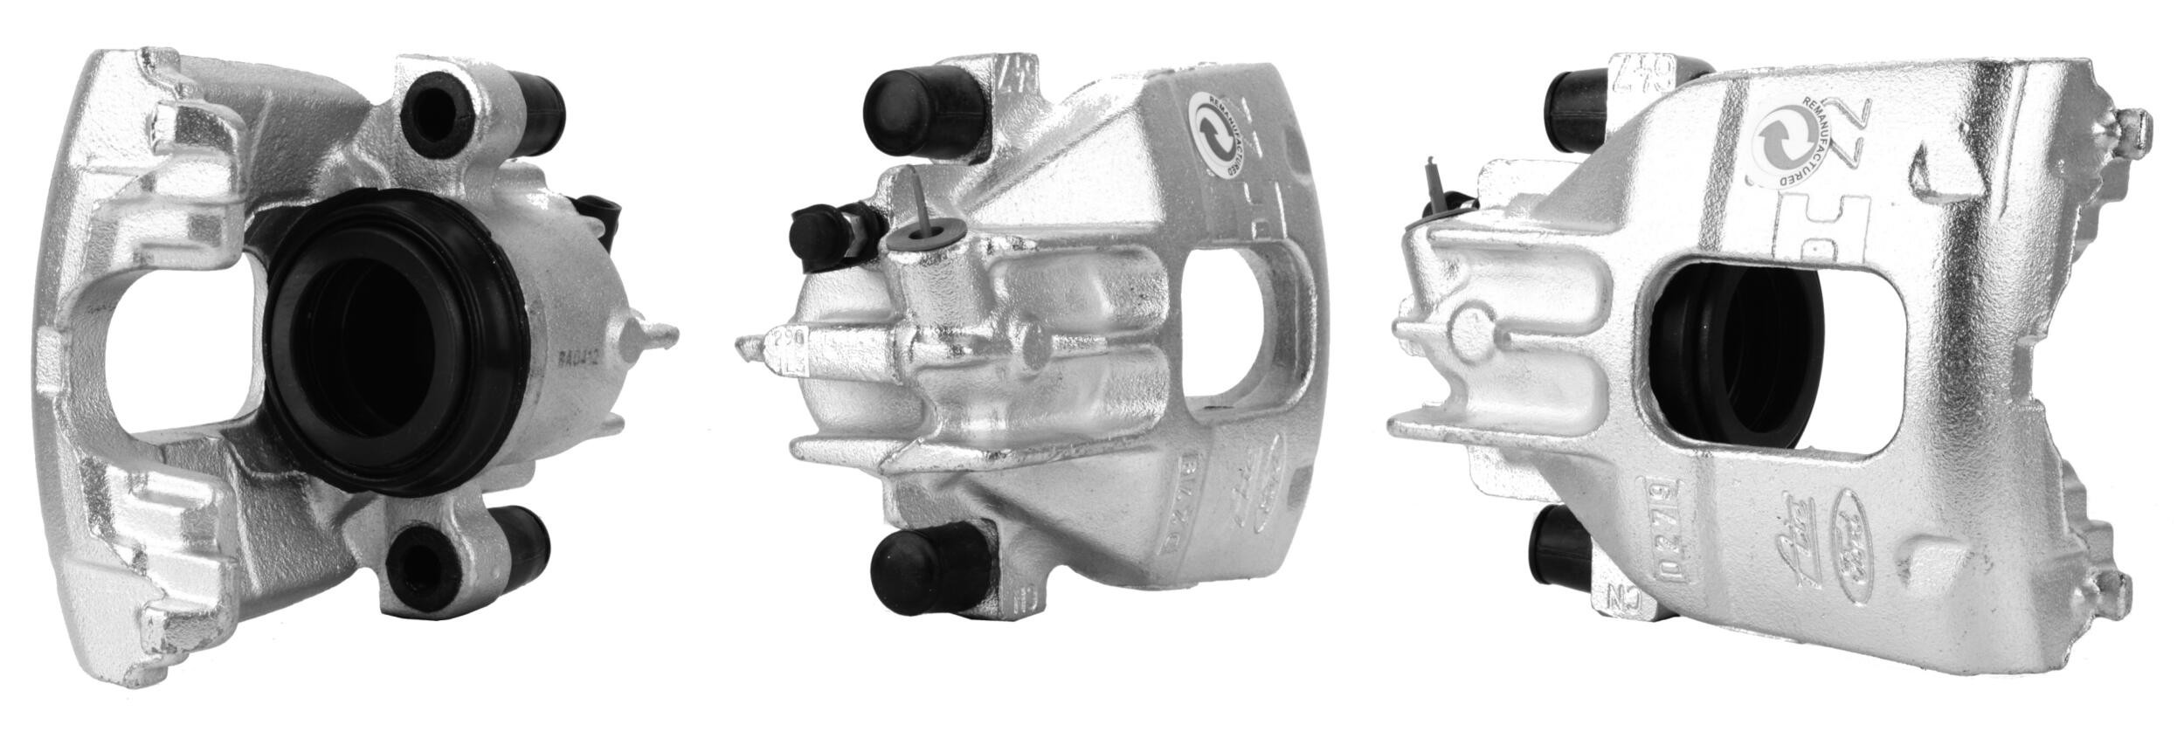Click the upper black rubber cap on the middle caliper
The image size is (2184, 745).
[909, 110]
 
